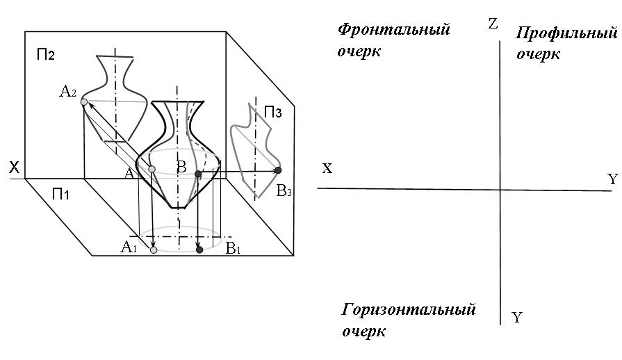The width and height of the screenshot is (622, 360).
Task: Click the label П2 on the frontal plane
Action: pyautogui.click(x=46, y=55)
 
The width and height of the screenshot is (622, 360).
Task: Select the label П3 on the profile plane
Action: pyautogui.click(x=272, y=111)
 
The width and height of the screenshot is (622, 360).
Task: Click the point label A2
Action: pyautogui.click(x=67, y=91)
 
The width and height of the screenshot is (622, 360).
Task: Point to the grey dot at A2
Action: pyautogui.click(x=84, y=102)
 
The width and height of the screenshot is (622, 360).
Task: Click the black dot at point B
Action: pyautogui.click(x=198, y=173)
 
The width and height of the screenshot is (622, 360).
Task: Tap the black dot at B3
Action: pyautogui.click(x=278, y=170)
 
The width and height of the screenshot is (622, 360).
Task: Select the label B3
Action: pyautogui.click(x=284, y=192)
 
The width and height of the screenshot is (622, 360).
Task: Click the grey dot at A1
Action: pyautogui.click(x=154, y=249)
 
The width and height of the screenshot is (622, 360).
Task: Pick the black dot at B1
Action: pyautogui.click(x=199, y=249)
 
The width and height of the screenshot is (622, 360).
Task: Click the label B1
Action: pyautogui.click(x=234, y=248)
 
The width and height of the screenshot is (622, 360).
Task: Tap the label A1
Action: pyautogui.click(x=129, y=247)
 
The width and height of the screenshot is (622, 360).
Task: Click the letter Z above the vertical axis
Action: pyautogui.click(x=493, y=24)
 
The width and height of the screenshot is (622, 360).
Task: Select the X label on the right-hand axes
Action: pyautogui.click(x=327, y=168)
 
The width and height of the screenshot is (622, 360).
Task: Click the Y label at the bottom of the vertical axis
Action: pyautogui.click(x=516, y=318)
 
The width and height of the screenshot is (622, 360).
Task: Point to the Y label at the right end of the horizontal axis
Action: pyautogui.click(x=612, y=179)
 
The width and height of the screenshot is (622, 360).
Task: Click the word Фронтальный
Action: pyautogui.click(x=393, y=30)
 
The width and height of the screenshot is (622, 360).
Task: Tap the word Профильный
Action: pyautogui.click(x=566, y=33)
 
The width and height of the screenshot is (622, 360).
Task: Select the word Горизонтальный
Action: pyautogui.click(x=408, y=310)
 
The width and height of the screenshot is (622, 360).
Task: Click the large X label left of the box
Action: pyautogui.click(x=13, y=167)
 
